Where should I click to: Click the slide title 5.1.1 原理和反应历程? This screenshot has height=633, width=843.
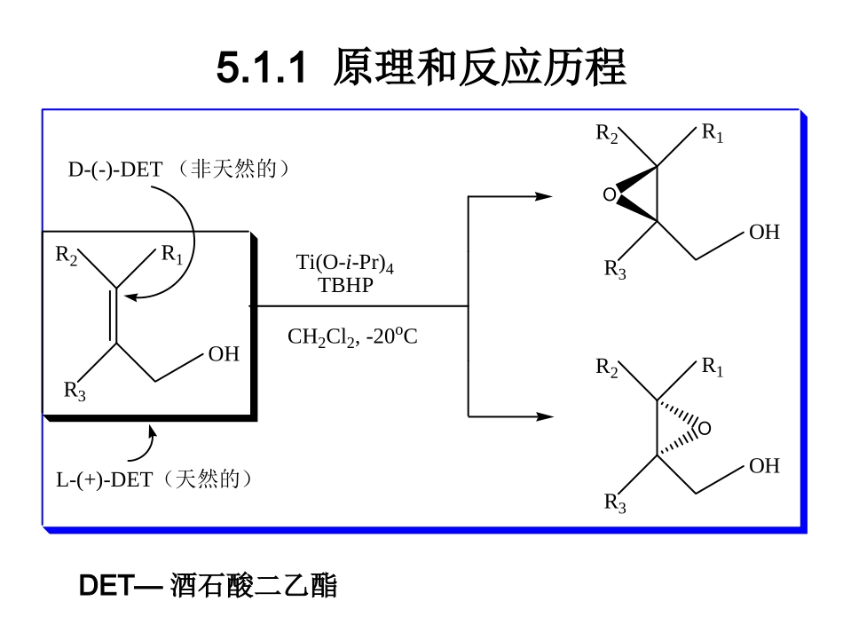(421, 68)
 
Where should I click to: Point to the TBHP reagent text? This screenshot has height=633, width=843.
(345, 285)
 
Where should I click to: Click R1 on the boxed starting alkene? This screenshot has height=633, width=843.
(171, 256)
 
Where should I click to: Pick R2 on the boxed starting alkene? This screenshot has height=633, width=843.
(67, 256)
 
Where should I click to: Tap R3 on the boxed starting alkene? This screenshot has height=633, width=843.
(75, 391)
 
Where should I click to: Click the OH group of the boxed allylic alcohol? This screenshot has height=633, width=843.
(224, 355)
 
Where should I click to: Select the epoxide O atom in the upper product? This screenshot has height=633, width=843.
(609, 194)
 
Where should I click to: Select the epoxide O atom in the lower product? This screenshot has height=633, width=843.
(705, 430)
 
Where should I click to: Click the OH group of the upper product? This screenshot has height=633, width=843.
(764, 233)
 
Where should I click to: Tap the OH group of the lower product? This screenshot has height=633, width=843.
(764, 466)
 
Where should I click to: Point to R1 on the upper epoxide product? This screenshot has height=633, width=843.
(713, 134)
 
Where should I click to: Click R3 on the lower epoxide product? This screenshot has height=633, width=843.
(615, 503)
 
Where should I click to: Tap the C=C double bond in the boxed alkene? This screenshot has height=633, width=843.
(115, 315)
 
